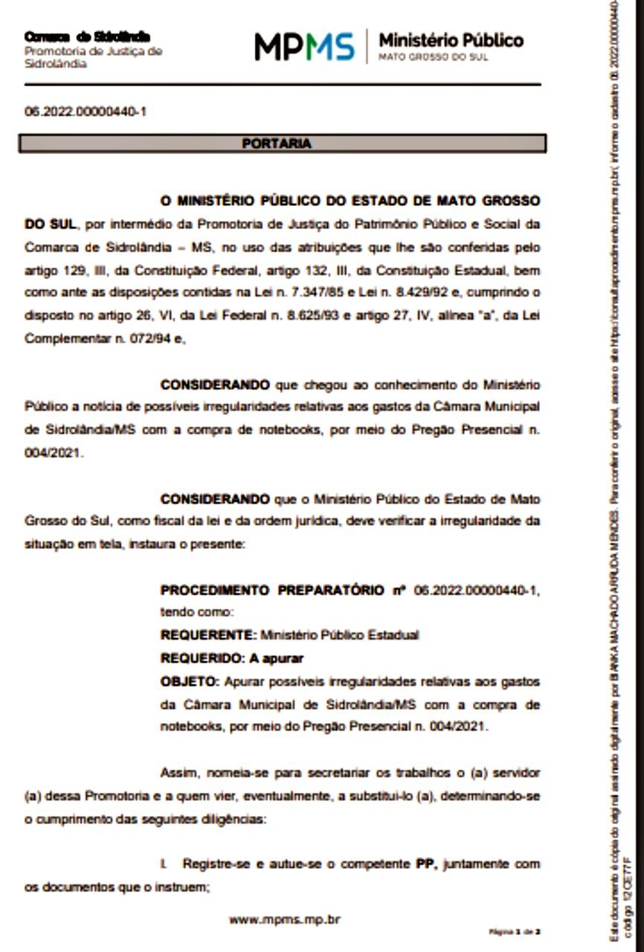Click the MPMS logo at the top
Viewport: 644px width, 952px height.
[x=304, y=47]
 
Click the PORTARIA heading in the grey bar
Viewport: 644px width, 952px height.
[x=277, y=144]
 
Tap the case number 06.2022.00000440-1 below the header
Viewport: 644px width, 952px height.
[x=86, y=112]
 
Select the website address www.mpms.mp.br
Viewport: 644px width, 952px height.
[x=284, y=919]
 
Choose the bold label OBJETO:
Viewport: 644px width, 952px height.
[x=190, y=681]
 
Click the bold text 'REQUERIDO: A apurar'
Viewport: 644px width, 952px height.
[x=232, y=658]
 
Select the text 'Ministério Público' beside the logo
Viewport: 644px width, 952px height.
[x=451, y=40]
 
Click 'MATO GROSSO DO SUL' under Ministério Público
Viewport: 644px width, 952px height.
[x=434, y=57]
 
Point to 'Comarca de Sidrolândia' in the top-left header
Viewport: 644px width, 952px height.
[x=87, y=36]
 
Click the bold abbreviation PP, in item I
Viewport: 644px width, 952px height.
[x=425, y=864]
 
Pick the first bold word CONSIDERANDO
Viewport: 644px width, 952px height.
[x=215, y=385]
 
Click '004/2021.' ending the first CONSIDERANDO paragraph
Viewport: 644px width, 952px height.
[x=54, y=453]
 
